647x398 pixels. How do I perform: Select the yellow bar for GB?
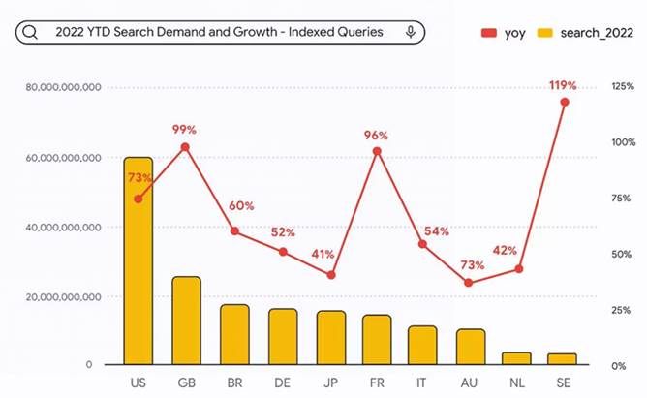click(186, 321)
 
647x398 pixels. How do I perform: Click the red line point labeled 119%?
click(565, 102)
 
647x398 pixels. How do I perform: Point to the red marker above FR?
click(377, 151)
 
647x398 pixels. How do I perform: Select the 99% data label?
click(184, 130)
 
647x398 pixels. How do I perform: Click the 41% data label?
click(323, 255)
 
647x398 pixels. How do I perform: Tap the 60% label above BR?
click(241, 206)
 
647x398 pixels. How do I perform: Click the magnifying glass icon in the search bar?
click(30, 32)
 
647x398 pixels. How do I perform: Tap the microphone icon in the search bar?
click(411, 32)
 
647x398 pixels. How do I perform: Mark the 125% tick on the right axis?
click(623, 87)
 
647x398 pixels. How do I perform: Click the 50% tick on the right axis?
click(623, 254)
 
